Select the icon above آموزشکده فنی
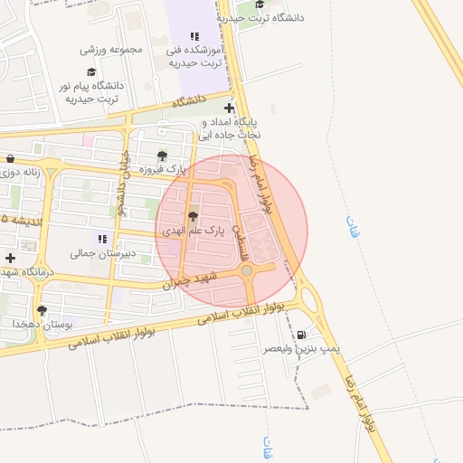194,37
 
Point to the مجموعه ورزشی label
112,50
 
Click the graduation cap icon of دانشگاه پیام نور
90,71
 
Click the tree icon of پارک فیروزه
162,155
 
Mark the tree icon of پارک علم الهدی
192,216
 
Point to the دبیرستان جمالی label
103,254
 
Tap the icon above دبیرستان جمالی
102,239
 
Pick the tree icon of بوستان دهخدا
42,310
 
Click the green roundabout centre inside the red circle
247,270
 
